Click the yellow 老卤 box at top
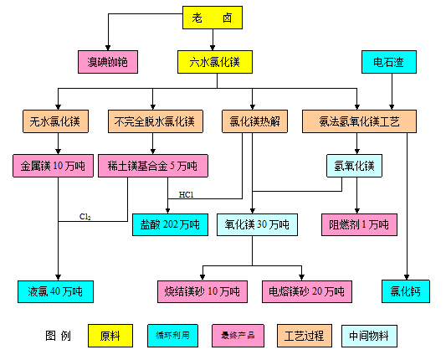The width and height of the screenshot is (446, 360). pyautogui.click(x=213, y=18)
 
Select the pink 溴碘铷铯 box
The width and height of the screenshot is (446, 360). pyautogui.click(x=108, y=62)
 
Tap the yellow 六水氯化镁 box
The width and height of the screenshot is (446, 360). pyautogui.click(x=215, y=62)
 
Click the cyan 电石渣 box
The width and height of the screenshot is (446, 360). pyautogui.click(x=389, y=62)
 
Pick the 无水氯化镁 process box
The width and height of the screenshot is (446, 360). pyautogui.click(x=55, y=121)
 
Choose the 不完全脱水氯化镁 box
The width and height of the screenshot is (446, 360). pyautogui.click(x=156, y=121)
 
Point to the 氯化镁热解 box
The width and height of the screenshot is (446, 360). pyautogui.click(x=255, y=121)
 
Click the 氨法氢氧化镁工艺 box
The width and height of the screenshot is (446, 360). pyautogui.click(x=359, y=121)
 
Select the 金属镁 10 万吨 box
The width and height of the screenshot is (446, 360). pyautogui.click(x=54, y=166)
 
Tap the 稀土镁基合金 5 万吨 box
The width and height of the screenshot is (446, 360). pyautogui.click(x=153, y=166)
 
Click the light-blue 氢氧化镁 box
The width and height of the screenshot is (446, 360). pyautogui.click(x=355, y=166)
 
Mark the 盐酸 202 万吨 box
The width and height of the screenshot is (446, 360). pyautogui.click(x=170, y=225)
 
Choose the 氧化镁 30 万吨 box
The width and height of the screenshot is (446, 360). pyautogui.click(x=257, y=225)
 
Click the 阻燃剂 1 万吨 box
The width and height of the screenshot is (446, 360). pyautogui.click(x=359, y=225)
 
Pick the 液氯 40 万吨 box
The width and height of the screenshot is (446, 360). pyautogui.click(x=55, y=291)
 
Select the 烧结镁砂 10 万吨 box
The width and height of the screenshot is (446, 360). pyautogui.click(x=202, y=291)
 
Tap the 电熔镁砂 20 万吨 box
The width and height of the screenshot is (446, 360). pyautogui.click(x=307, y=291)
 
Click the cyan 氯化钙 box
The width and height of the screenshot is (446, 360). pyautogui.click(x=406, y=291)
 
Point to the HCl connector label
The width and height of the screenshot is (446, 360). pyautogui.click(x=187, y=195)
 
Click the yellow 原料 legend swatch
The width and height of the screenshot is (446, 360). pyautogui.click(x=110, y=336)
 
